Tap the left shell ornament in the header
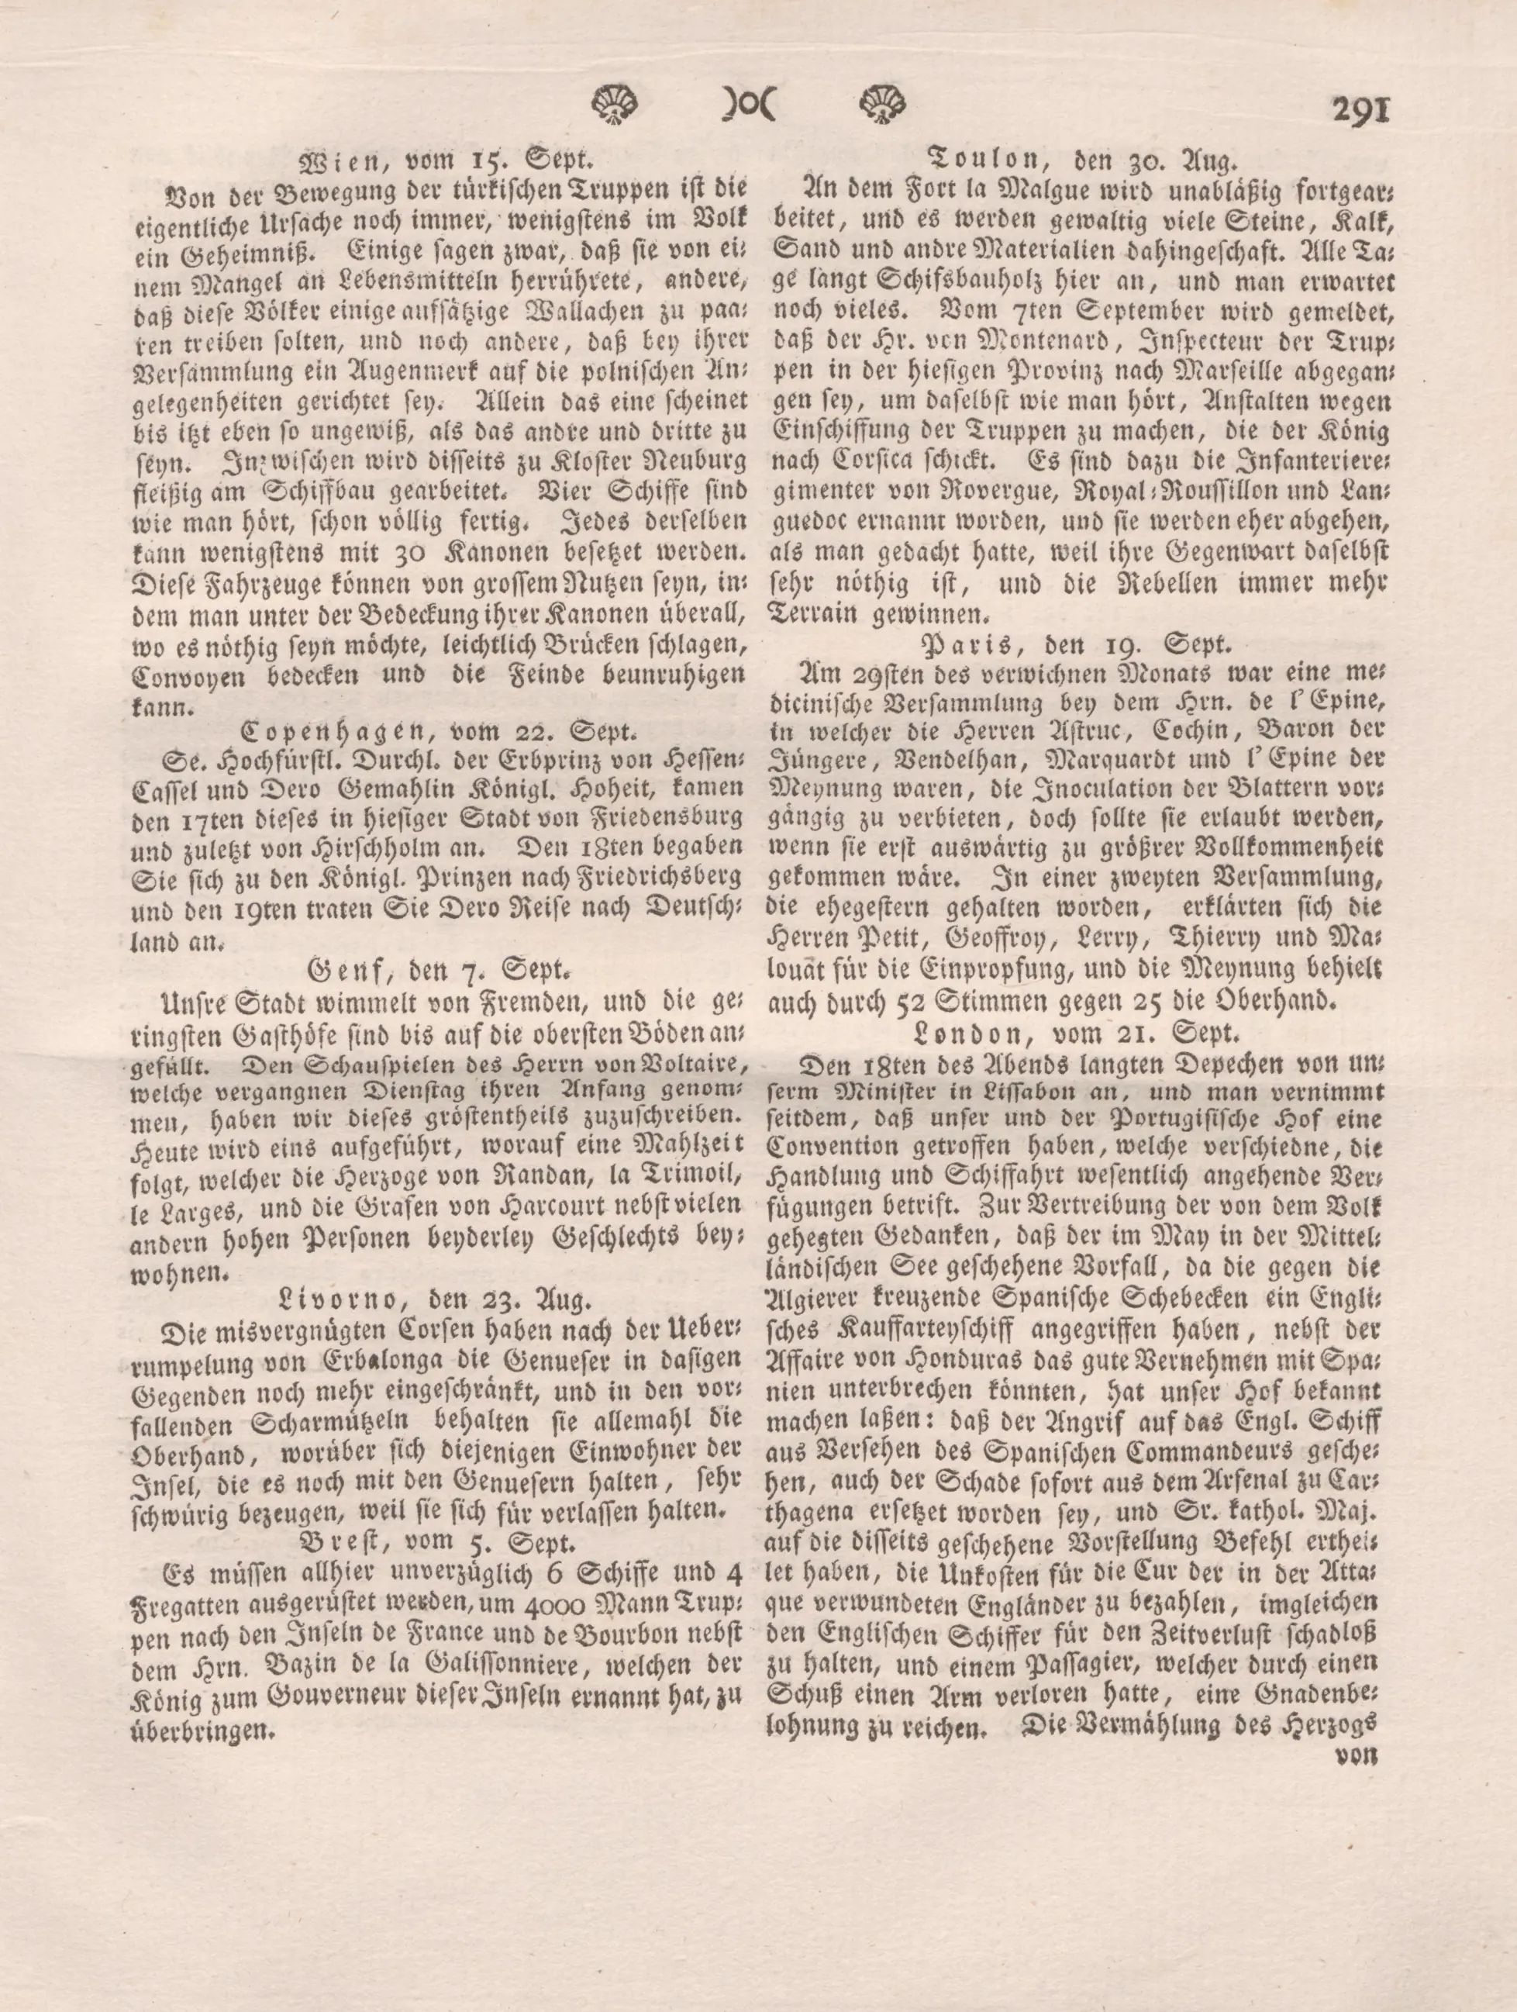coord(615,104)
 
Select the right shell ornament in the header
coord(882,104)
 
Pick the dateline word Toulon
coord(981,162)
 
